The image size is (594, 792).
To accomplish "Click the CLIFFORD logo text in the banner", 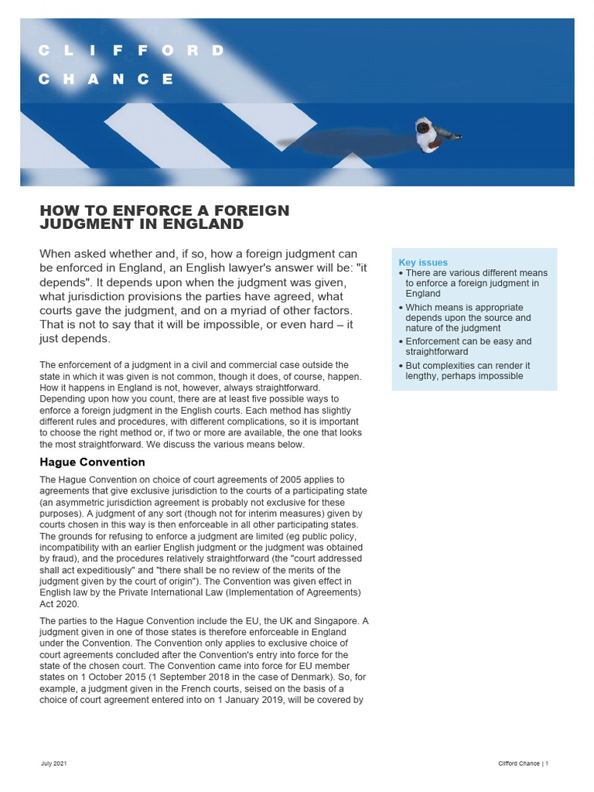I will (131, 51).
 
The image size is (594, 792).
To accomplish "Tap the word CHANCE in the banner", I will (107, 79).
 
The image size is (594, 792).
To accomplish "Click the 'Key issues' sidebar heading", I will (423, 262).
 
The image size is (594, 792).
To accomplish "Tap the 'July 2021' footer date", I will (54, 764).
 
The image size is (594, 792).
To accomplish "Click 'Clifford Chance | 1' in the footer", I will (524, 764).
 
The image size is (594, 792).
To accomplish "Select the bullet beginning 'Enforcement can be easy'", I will (470, 346).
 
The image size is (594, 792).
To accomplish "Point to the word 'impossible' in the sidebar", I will (497, 376).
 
